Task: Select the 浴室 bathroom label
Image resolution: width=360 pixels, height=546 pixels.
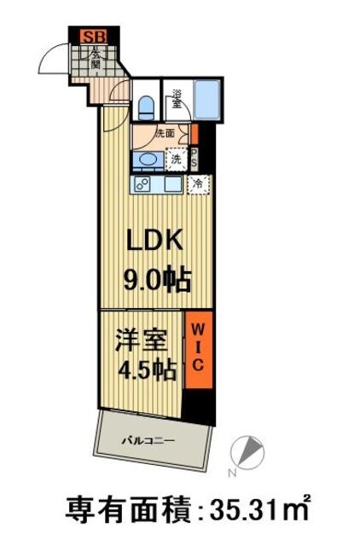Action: click(x=177, y=99)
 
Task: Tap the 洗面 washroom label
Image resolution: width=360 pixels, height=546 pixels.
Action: click(x=165, y=133)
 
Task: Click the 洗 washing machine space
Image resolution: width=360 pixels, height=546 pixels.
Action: click(x=176, y=159)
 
